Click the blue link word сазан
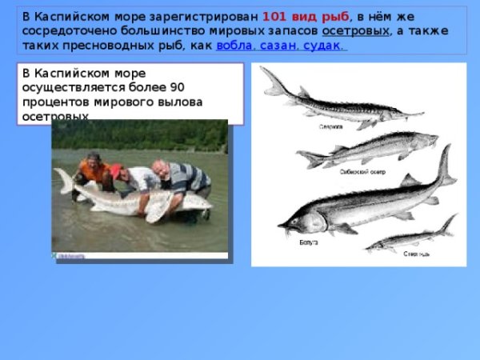pyautogui.click(x=281, y=46)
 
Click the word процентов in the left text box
pyautogui.click(x=58, y=102)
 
